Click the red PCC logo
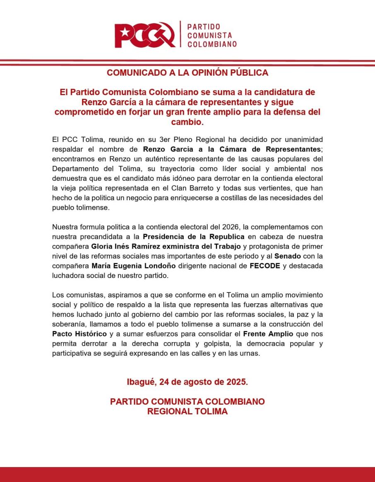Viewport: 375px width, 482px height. [x=145, y=34]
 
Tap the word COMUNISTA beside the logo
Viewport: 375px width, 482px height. [x=209, y=35]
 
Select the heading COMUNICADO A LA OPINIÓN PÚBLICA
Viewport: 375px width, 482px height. [x=187, y=73]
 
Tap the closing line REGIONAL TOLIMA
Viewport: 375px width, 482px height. [x=187, y=412]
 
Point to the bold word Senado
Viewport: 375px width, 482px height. [x=287, y=257]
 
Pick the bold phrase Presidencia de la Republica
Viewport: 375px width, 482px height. [x=194, y=237]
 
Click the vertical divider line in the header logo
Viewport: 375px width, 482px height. [x=180, y=34]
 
